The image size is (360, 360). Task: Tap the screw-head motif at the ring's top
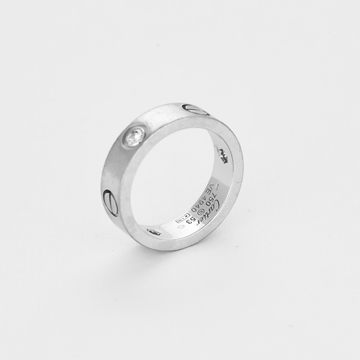coord(196,110)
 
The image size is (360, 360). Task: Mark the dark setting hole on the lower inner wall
coord(153,231)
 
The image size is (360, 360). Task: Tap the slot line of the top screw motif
coord(196,110)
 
